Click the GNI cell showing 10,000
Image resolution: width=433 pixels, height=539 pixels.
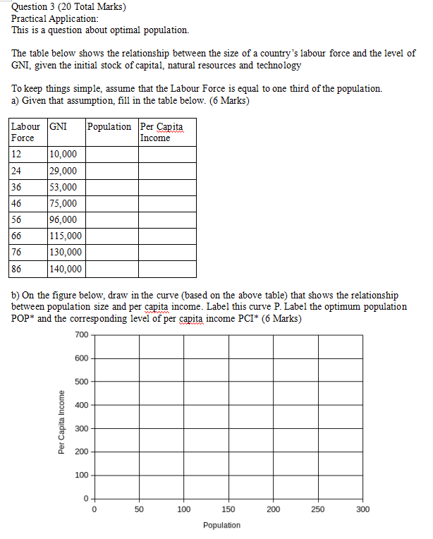pyautogui.click(x=63, y=155)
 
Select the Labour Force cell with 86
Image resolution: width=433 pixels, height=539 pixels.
pyautogui.click(x=17, y=269)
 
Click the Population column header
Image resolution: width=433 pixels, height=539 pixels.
pyautogui.click(x=109, y=126)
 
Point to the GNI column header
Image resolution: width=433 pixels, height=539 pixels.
pyautogui.click(x=59, y=126)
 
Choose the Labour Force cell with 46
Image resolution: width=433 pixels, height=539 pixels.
pyautogui.click(x=17, y=204)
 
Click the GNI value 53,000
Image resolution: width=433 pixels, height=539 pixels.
pyautogui.click(x=63, y=187)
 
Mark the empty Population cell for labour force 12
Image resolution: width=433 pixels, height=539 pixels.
pyautogui.click(x=111, y=155)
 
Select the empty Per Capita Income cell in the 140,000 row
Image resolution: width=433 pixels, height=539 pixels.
pyautogui.click(x=167, y=269)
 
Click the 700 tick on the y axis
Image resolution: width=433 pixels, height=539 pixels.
pyautogui.click(x=81, y=334)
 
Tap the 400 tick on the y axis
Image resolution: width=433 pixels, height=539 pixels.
pyautogui.click(x=81, y=405)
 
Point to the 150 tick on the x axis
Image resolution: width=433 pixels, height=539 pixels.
pyautogui.click(x=228, y=509)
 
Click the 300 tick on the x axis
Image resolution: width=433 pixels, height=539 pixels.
pyautogui.click(x=362, y=509)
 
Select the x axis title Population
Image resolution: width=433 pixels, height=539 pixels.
pyautogui.click(x=221, y=525)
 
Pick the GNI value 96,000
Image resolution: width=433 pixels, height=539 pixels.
pyautogui.click(x=63, y=219)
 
